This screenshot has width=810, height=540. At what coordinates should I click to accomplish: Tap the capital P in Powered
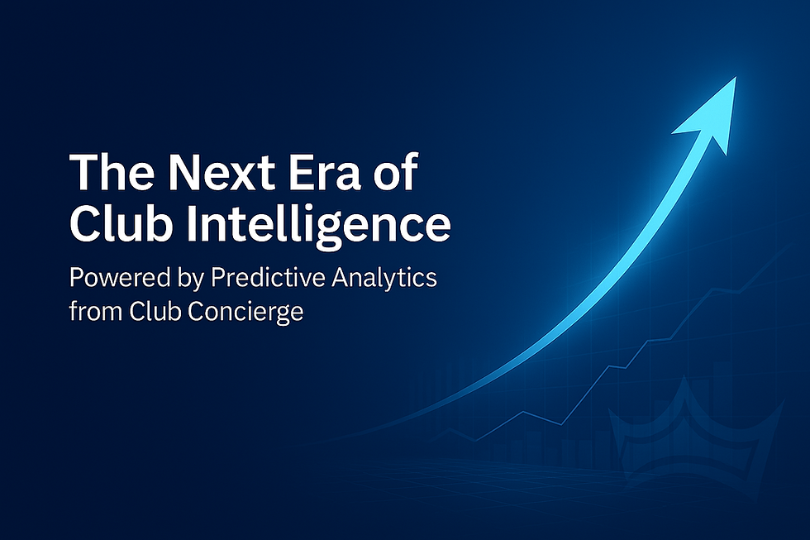[75, 278]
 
